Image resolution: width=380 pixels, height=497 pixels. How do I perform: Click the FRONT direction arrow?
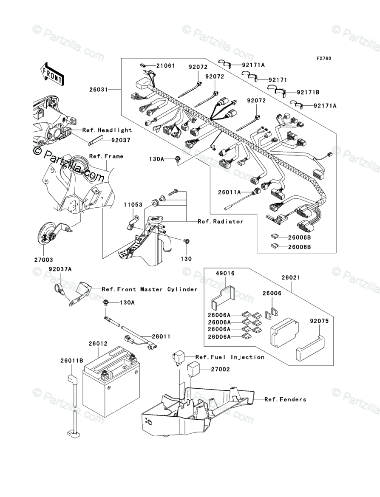[52, 73]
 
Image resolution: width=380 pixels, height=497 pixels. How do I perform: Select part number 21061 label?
[165, 66]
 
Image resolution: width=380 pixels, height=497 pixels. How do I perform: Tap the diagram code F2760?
[323, 58]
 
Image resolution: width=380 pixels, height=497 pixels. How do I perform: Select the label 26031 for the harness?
[99, 90]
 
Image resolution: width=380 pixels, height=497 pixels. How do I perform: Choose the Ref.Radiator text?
[220, 221]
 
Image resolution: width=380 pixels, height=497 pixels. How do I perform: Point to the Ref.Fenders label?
[285, 399]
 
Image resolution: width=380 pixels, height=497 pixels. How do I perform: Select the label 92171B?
[308, 92]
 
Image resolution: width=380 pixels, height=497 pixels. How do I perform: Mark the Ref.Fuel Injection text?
[230, 357]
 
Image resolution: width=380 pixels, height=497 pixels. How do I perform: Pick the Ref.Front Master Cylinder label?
[150, 289]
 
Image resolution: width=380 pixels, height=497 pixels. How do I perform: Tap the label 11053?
[133, 205]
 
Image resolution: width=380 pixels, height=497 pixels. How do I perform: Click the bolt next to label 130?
[185, 242]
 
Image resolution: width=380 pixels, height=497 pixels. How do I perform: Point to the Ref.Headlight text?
[107, 130]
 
